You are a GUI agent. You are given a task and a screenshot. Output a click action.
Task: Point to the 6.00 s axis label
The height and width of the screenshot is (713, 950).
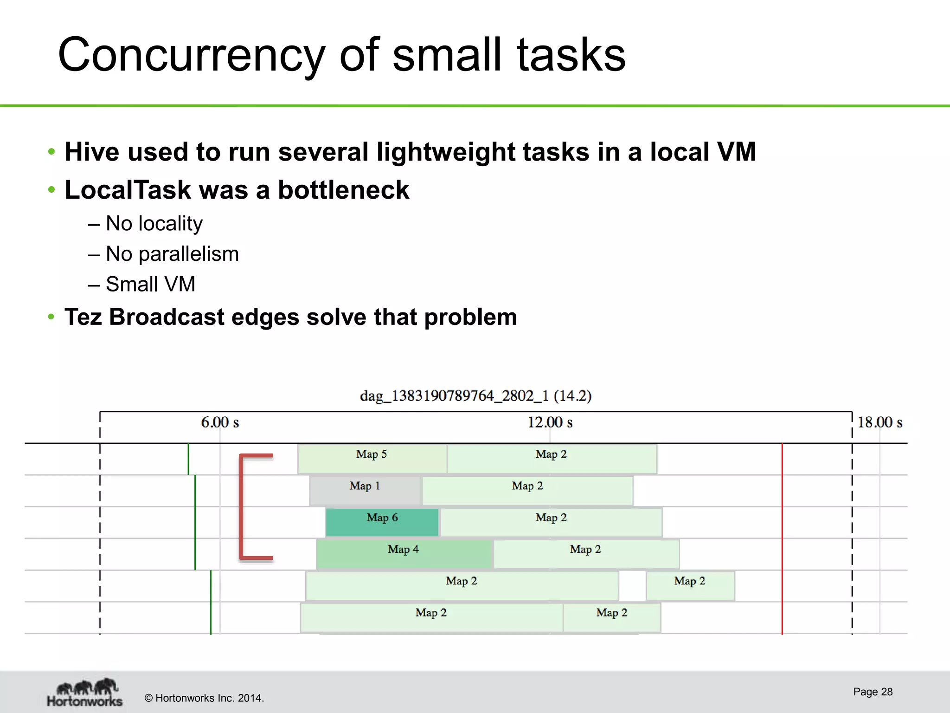coord(220,422)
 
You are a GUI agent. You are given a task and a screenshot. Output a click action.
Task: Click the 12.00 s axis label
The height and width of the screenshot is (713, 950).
coord(550,422)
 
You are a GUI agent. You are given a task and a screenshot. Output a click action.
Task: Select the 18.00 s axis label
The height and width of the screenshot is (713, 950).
coord(879,422)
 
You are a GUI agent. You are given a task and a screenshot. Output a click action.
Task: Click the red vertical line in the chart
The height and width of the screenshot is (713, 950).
coord(782,538)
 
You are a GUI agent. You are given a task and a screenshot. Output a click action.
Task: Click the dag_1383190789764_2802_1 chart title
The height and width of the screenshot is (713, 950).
coord(475,396)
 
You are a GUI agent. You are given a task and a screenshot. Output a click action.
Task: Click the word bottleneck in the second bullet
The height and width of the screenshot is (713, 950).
coord(343,190)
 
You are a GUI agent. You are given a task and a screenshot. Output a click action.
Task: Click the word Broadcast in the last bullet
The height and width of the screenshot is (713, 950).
coord(167,318)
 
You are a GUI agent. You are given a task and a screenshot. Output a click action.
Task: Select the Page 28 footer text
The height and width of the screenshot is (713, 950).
coord(873,692)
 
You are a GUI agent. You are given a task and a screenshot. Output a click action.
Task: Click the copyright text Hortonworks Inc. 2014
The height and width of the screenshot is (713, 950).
coord(204,698)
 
